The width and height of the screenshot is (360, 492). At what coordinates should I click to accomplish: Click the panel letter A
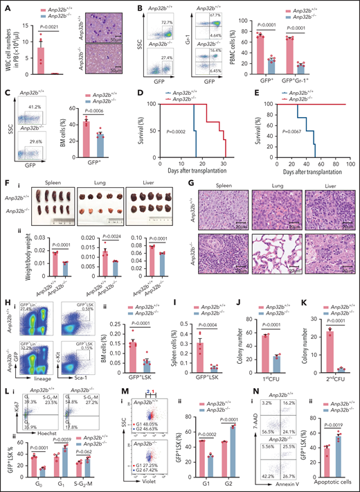(x=6, y=7)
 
